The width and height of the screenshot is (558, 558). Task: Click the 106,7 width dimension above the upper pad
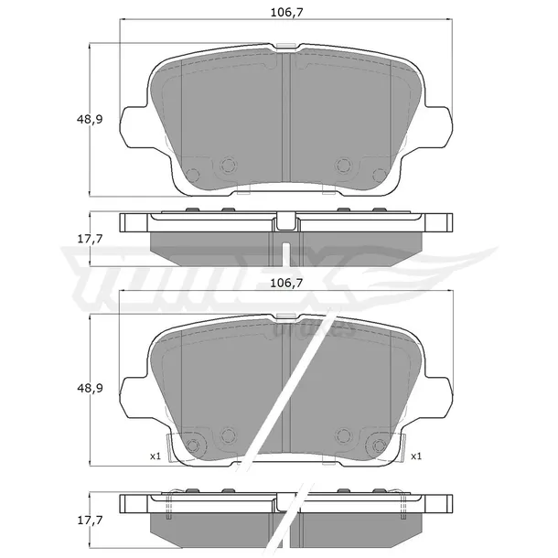click(286, 13)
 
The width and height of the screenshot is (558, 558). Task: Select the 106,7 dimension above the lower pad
click(286, 284)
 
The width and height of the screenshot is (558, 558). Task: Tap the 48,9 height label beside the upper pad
click(90, 119)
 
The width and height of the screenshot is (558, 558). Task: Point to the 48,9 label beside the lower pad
click(90, 388)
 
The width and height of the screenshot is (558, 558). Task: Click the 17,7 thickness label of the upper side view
click(90, 239)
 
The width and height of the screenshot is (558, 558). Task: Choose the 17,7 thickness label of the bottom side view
click(90, 520)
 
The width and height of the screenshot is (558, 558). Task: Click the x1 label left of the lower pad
click(156, 456)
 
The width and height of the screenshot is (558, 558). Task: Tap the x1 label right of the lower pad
click(416, 456)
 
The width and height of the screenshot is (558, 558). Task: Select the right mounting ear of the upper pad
click(439, 126)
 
